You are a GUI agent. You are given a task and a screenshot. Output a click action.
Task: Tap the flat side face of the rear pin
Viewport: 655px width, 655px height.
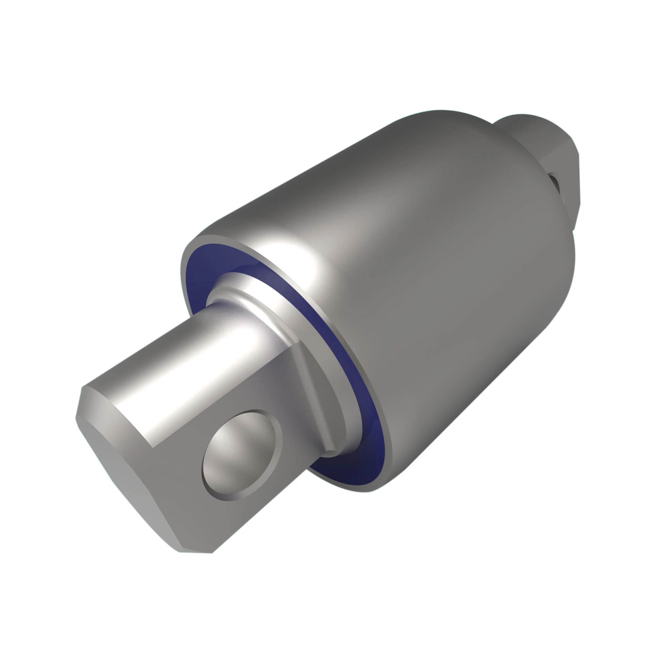(x=559, y=160)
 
